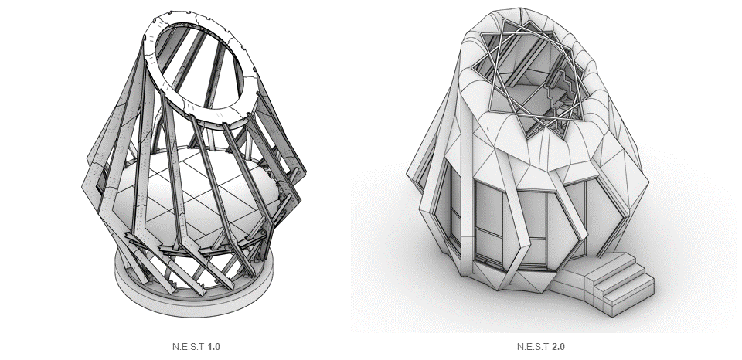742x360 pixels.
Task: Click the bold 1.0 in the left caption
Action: [213, 347]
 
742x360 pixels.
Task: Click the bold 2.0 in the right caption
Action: [558, 347]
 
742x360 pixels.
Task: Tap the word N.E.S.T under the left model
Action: [189, 347]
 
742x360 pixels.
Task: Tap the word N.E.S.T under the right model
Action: [533, 347]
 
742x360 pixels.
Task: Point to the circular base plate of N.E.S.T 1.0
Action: [194, 303]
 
